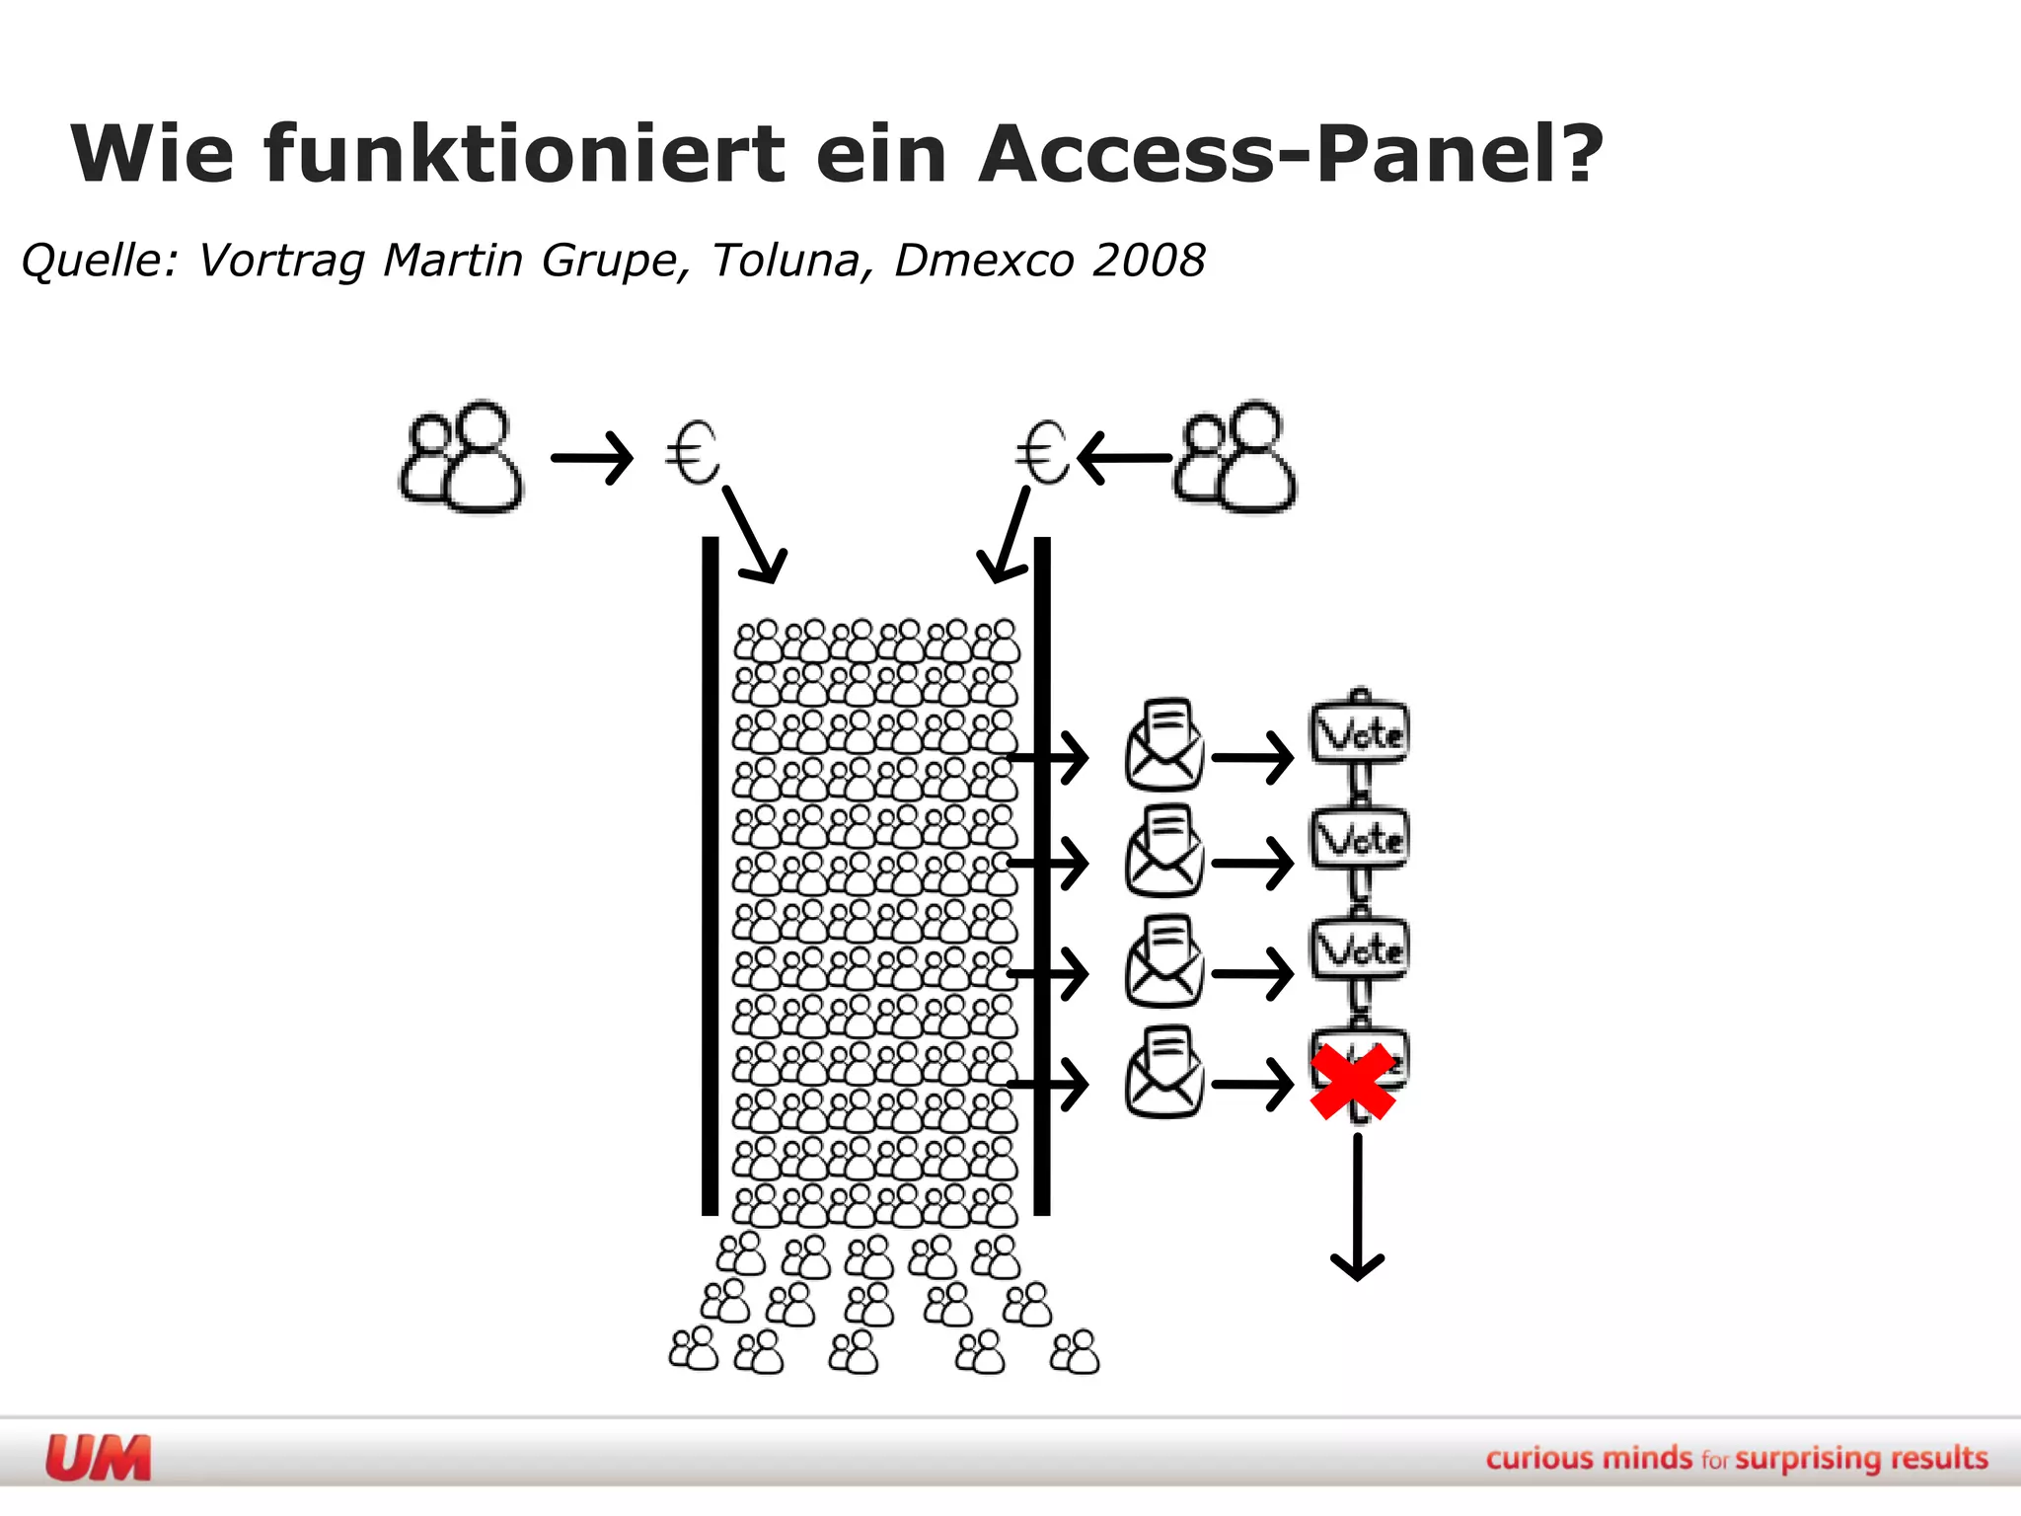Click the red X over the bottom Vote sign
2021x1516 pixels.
click(x=1353, y=1082)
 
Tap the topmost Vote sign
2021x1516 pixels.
click(x=1360, y=732)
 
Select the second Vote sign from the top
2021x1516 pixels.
click(x=1360, y=839)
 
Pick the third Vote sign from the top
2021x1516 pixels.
click(x=1360, y=949)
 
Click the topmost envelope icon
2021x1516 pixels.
click(x=1164, y=746)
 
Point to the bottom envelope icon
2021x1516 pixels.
click(x=1164, y=1073)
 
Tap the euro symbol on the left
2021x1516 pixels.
click(x=692, y=453)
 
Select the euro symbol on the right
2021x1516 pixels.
click(x=1042, y=453)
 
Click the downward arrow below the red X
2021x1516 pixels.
click(x=1358, y=1209)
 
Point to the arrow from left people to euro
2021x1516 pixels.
click(x=591, y=458)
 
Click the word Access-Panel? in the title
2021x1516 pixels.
click(x=1291, y=154)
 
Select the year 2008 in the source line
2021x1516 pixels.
click(x=1149, y=261)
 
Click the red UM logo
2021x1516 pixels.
click(x=99, y=1458)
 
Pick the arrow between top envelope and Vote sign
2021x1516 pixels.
click(x=1252, y=758)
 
